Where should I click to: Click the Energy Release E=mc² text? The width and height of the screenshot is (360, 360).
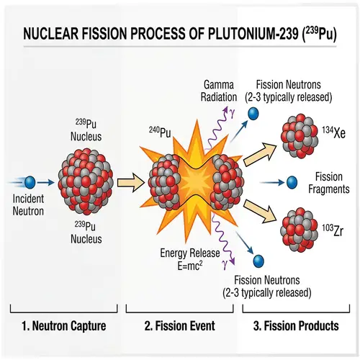click(x=189, y=258)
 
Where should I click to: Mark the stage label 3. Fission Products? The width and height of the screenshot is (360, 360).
click(x=296, y=325)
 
